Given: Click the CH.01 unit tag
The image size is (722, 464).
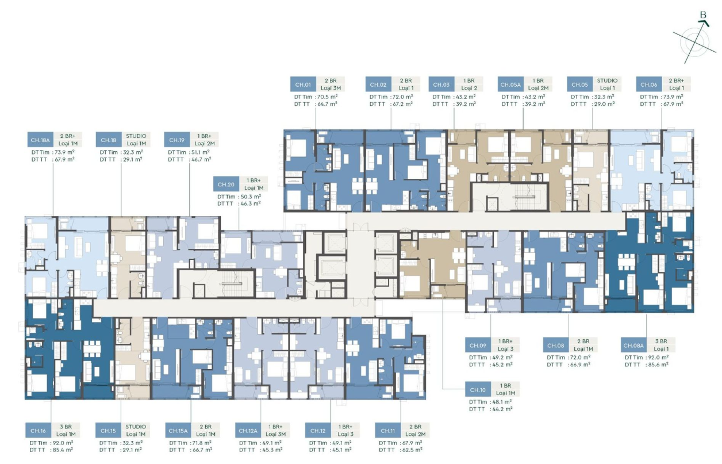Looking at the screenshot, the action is click(303, 85).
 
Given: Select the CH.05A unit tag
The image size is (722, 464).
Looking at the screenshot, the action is click(510, 85).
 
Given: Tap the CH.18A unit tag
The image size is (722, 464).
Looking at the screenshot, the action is click(40, 140).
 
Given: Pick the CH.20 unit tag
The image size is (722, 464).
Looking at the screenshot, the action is click(226, 185).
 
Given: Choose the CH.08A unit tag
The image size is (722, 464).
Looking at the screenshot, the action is click(633, 346).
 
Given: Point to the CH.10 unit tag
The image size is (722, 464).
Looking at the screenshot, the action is click(478, 390).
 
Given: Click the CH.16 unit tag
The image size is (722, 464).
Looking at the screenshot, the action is click(38, 431).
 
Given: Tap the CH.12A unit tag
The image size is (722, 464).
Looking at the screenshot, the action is click(248, 431).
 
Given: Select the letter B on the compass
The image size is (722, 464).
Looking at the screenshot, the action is click(703, 15).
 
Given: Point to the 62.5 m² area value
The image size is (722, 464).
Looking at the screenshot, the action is click(412, 450).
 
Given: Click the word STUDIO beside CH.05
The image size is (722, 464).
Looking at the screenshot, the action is click(607, 80).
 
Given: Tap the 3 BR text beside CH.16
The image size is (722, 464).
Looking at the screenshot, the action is click(66, 427).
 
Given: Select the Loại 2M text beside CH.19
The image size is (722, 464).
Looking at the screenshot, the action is click(205, 144).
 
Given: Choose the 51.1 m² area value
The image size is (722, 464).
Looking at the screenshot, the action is click(200, 152).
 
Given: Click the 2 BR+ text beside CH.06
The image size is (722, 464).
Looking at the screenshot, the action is click(676, 80).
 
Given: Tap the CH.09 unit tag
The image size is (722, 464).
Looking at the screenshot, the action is click(478, 346).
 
